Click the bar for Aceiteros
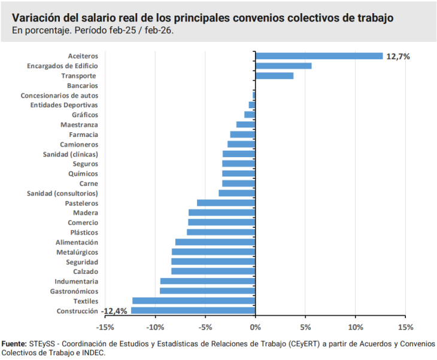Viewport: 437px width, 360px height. [x=319, y=56]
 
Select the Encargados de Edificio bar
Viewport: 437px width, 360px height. [x=283, y=66]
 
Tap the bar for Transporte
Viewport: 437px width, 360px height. [x=274, y=76]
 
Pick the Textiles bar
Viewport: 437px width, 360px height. [x=194, y=301]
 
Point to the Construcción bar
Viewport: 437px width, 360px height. [x=193, y=310]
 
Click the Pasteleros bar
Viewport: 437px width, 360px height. [x=226, y=203]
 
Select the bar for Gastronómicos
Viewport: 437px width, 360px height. [x=208, y=291]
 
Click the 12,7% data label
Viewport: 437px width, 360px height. [x=397, y=56]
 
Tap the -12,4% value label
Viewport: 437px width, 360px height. [x=114, y=311]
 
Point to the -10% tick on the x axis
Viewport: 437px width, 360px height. [x=155, y=327]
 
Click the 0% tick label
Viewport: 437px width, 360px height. [x=255, y=327]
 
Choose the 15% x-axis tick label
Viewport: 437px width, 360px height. [x=405, y=327]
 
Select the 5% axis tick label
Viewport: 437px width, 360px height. [x=305, y=327]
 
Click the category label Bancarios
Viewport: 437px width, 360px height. [x=83, y=86]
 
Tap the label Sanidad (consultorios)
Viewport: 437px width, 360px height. [x=62, y=193]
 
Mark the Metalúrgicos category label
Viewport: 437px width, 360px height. [x=77, y=252]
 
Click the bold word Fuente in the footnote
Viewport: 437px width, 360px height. [x=14, y=344]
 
